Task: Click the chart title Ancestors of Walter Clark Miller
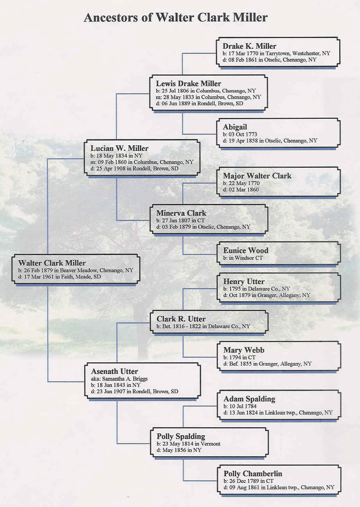click(176, 17)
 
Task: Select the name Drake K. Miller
click(249, 46)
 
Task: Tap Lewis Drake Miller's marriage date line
click(208, 97)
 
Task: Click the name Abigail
click(235, 127)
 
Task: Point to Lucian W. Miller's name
click(119, 148)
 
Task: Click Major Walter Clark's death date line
click(241, 190)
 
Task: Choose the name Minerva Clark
click(181, 213)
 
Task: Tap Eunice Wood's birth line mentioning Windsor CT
click(243, 258)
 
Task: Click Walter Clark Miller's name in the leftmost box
click(52, 263)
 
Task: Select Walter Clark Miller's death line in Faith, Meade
click(60, 276)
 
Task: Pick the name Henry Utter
click(244, 281)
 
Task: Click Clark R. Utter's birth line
click(203, 326)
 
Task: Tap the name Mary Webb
click(244, 350)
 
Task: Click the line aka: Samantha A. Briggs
click(119, 379)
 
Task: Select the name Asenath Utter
click(114, 371)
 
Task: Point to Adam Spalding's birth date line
click(240, 406)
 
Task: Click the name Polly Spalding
click(181, 436)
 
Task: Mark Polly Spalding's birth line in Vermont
click(188, 443)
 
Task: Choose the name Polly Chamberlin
click(253, 474)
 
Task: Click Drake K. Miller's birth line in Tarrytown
click(276, 53)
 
